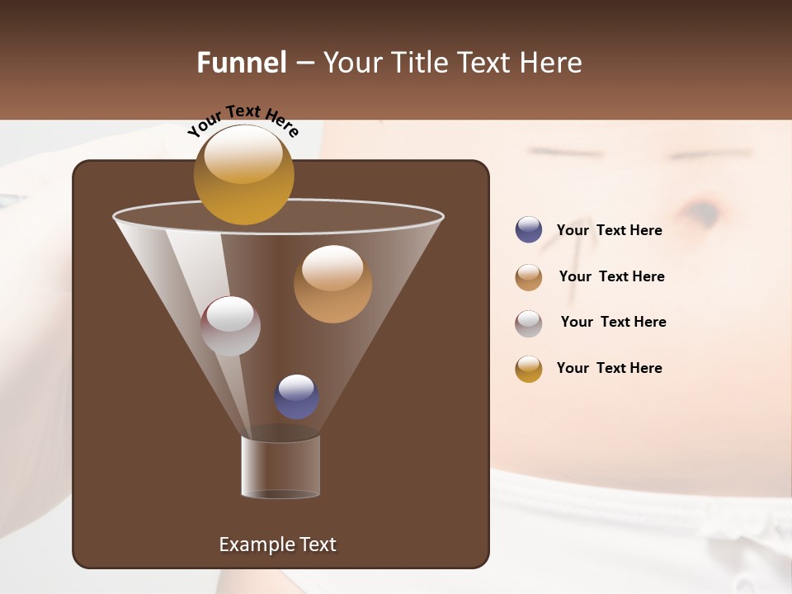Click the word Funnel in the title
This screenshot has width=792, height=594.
pos(241,63)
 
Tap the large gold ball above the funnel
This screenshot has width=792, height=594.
pos(243,174)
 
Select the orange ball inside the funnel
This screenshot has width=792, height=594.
pos(332,284)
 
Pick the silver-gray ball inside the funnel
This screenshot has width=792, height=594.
pos(230,326)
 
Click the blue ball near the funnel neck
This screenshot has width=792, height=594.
pos(296,397)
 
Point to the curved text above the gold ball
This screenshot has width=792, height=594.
pos(243,120)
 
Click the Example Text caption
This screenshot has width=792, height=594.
pos(277,544)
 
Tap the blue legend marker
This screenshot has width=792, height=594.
pos(528,230)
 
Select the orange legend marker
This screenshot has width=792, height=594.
pos(528,277)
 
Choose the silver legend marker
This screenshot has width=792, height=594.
pos(528,323)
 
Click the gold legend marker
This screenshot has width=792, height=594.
pos(528,369)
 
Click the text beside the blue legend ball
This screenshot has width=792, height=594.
pos(609,231)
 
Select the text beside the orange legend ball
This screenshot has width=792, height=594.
pos(611,276)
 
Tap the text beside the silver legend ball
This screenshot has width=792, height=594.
pos(613,322)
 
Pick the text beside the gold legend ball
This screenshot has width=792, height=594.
pos(609,368)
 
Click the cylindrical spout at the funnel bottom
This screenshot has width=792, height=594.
pos(280,467)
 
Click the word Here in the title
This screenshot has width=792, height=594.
pos(553,63)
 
